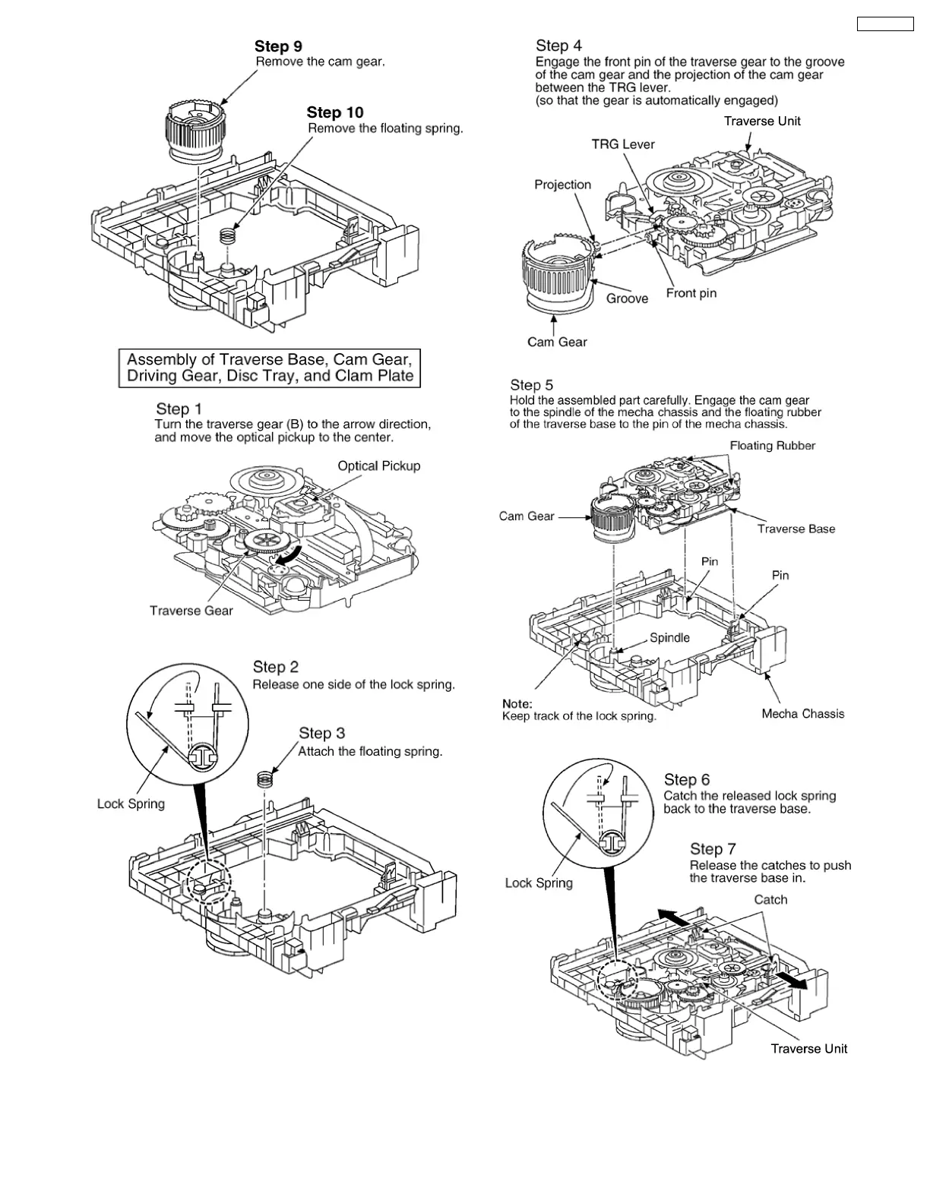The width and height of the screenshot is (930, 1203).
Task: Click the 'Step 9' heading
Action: click(278, 47)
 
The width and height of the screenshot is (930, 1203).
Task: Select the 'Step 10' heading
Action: click(335, 113)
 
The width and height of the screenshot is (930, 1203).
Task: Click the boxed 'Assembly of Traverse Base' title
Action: click(270, 368)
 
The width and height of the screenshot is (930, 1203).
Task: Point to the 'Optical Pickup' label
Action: click(378, 466)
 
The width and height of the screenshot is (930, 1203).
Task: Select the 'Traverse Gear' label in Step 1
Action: click(191, 611)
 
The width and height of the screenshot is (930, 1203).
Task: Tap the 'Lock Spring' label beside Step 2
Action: click(131, 804)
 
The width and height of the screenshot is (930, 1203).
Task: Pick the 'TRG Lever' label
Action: click(623, 144)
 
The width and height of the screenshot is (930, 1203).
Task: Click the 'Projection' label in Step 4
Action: click(562, 185)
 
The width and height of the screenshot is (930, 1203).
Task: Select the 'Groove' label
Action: click(627, 298)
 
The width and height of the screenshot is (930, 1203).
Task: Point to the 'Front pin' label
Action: click(691, 293)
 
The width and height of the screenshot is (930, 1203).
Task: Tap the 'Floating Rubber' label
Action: click(772, 446)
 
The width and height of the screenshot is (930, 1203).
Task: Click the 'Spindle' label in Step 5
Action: click(669, 638)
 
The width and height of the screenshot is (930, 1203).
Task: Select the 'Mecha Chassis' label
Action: click(802, 714)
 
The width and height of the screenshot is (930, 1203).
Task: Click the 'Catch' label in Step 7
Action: click(770, 900)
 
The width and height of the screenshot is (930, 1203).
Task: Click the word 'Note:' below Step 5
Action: click(517, 703)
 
